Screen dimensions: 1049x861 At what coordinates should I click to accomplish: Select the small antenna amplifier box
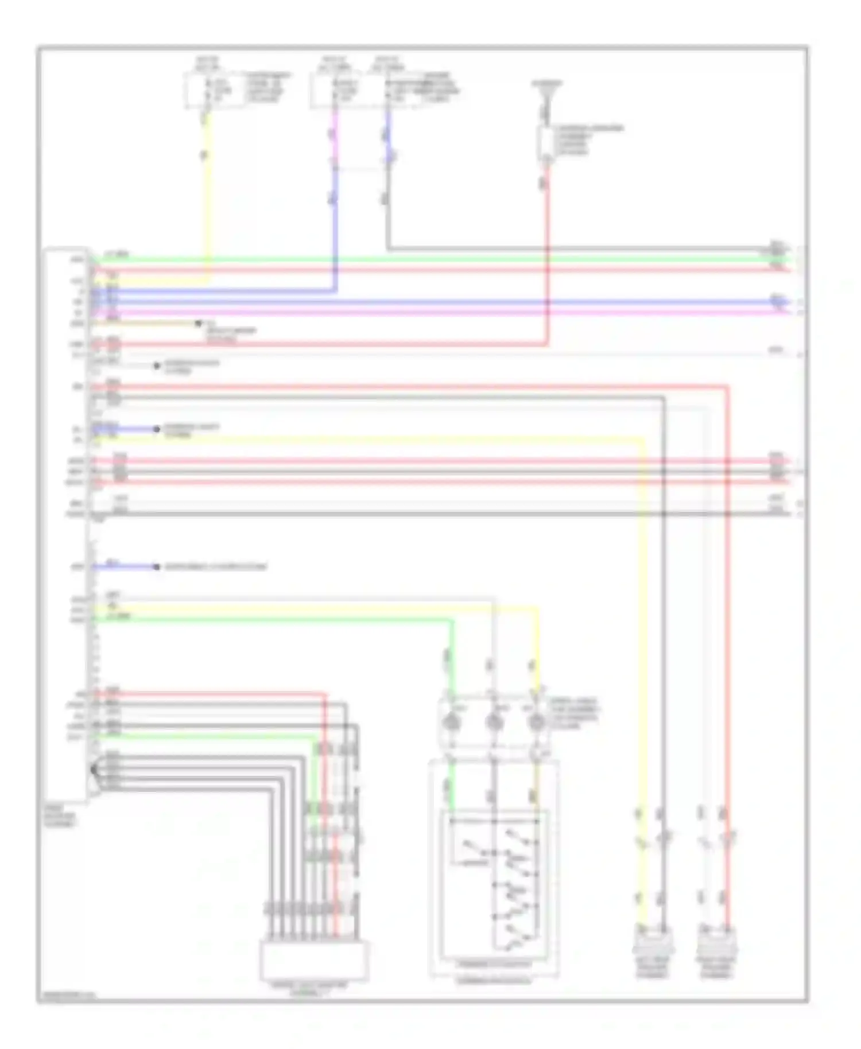(545, 143)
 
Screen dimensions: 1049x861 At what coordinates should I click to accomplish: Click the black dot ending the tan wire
(198, 324)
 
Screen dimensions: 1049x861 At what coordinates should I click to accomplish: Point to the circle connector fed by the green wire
(453, 722)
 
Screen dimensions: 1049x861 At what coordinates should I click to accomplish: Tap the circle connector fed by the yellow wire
(536, 722)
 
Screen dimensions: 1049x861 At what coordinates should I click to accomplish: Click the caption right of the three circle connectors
(574, 714)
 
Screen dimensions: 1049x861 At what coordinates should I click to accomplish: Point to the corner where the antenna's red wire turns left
(546, 344)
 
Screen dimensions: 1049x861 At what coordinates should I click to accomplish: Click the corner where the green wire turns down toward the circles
(452, 620)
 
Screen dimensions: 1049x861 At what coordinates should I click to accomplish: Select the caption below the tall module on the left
(60, 815)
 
